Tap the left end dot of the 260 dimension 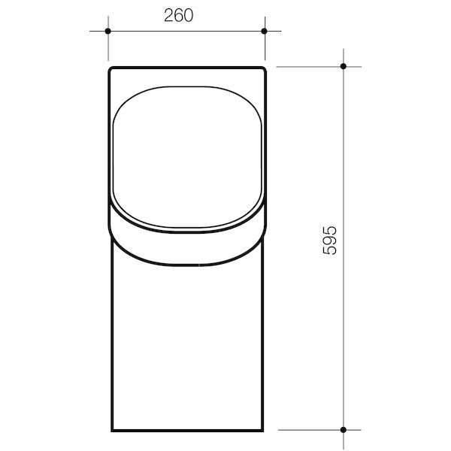tap(107, 31)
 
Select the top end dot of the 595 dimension tap(344, 67)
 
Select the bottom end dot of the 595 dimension tap(344, 430)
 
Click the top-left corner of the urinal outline tap(110, 69)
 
